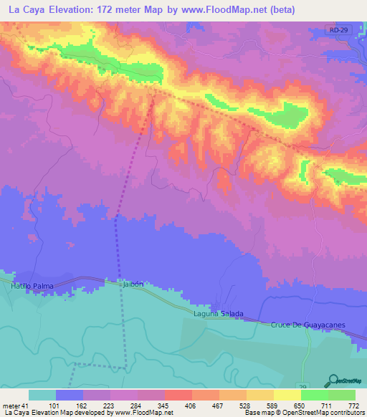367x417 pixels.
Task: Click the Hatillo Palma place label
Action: [x=33, y=285]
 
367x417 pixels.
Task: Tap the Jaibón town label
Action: [x=133, y=284]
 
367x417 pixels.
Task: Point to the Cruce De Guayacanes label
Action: [x=308, y=325]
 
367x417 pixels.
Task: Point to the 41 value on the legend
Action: [x=27, y=406]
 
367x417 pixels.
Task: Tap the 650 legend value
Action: [x=300, y=406]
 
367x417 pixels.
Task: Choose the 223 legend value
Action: [x=109, y=406]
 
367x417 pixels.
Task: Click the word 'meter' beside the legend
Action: [x=11, y=406]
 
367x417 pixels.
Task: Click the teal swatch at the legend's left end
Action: [x=42, y=395]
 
